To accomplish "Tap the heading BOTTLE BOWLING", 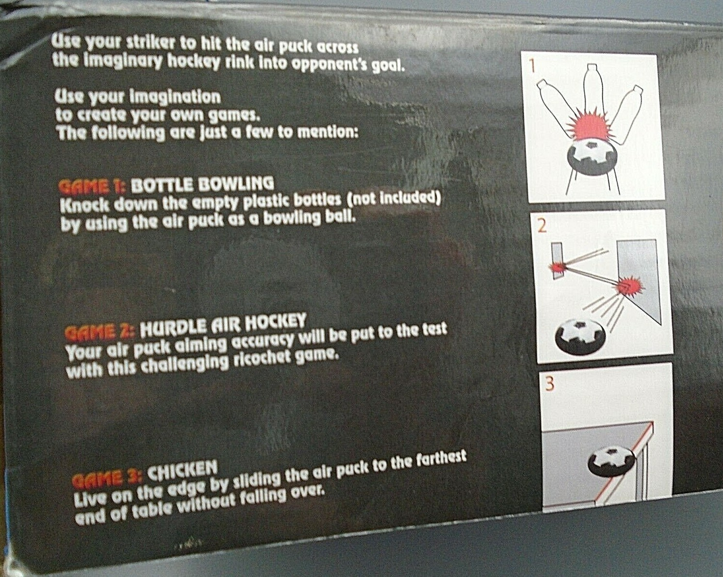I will pyautogui.click(x=202, y=184).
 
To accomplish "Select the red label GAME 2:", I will pyautogui.click(x=99, y=332).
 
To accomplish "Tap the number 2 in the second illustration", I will pyautogui.click(x=542, y=226).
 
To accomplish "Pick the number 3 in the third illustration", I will pyautogui.click(x=549, y=384).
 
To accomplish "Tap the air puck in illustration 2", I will pyautogui.click(x=580, y=335).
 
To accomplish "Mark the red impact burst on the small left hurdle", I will pyautogui.click(x=557, y=266).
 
